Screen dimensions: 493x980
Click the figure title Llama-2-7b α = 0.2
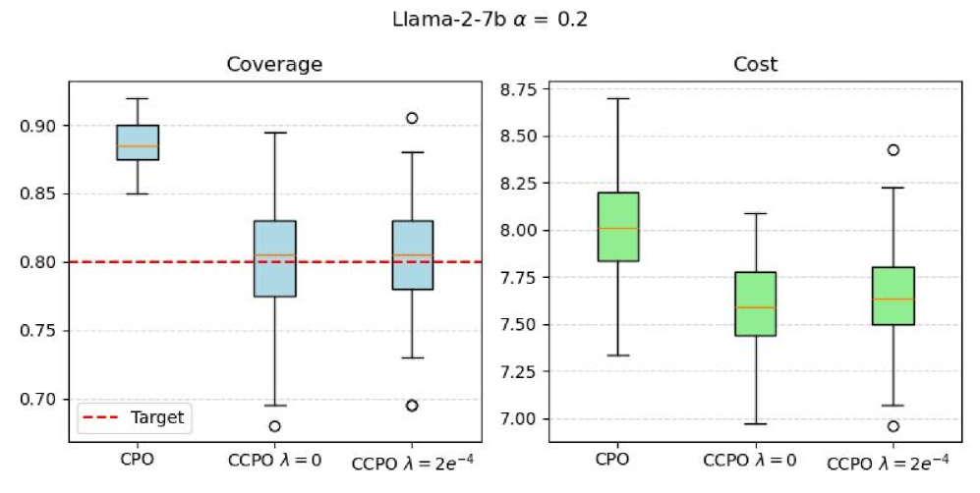click(x=490, y=19)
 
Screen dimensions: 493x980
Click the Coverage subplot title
click(x=274, y=65)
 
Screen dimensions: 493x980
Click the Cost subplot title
click(x=755, y=65)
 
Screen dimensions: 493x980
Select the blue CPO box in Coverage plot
click(x=138, y=142)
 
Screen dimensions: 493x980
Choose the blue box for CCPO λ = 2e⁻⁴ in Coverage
click(x=412, y=255)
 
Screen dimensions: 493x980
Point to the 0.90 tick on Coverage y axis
click(x=45, y=126)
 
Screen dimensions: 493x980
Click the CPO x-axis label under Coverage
click(x=138, y=459)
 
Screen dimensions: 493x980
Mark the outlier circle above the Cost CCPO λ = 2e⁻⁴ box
click(x=893, y=150)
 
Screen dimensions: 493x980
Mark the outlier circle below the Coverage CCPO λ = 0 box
click(x=274, y=426)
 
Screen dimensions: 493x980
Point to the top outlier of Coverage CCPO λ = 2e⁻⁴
click(x=412, y=118)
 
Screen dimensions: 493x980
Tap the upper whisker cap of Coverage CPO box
click(x=138, y=98)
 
